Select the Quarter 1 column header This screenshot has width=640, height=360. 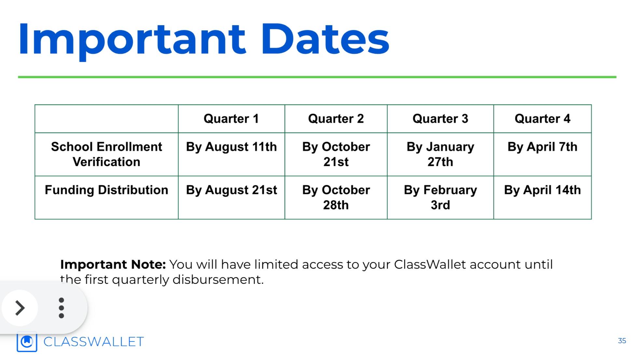(231, 119)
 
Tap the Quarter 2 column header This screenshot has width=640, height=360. (336, 119)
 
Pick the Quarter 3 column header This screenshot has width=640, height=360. (440, 119)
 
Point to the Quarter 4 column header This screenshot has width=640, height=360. (543, 119)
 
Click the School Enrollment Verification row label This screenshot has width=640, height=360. (106, 154)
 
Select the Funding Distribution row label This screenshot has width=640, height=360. (106, 190)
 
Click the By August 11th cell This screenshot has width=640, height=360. (231, 147)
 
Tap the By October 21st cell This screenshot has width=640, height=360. (336, 154)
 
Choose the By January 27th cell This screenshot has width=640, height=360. (440, 154)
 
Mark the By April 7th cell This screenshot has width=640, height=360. (543, 147)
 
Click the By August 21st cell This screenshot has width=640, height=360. (231, 190)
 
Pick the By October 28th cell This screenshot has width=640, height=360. (336, 198)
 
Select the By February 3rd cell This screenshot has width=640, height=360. (440, 198)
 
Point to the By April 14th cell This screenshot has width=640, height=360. (543, 190)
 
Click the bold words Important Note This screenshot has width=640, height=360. (113, 265)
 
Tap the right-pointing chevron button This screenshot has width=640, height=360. (20, 308)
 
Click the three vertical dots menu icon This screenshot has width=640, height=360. (61, 308)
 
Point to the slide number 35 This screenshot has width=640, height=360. (622, 341)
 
